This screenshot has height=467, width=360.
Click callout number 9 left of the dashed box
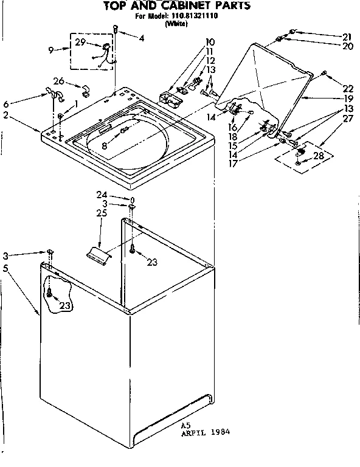click(x=50, y=50)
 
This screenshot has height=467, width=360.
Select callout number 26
click(x=59, y=80)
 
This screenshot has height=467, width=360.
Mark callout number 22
click(x=348, y=88)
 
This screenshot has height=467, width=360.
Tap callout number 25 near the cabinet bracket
click(x=101, y=213)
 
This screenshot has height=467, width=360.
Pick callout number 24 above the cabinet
click(x=101, y=195)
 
